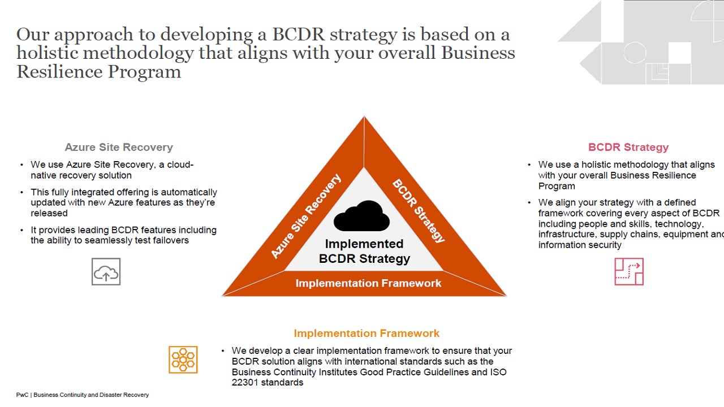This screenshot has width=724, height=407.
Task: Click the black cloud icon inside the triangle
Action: [361, 216]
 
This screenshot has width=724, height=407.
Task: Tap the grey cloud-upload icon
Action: [106, 272]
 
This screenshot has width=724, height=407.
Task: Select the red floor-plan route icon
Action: [629, 272]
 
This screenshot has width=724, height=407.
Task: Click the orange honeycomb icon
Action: [183, 360]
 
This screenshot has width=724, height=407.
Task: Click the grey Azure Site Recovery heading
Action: [119, 148]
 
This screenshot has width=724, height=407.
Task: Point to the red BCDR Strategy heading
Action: [628, 148]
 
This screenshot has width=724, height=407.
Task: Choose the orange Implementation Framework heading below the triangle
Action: [367, 333]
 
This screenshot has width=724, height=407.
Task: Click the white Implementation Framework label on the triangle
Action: [368, 283]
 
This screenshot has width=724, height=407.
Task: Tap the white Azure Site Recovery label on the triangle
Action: [306, 217]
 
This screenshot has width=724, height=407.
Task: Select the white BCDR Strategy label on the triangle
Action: [419, 211]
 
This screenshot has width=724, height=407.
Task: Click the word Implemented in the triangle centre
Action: [364, 244]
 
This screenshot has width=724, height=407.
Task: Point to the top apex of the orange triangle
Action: [364, 116]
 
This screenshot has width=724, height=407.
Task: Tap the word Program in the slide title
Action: [144, 72]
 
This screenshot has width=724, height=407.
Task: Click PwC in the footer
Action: [22, 395]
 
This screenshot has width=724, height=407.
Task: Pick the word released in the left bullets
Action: [49, 213]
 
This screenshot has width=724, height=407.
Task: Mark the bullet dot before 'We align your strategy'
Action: [529, 202]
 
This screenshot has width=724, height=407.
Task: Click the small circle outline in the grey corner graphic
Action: [635, 52]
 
